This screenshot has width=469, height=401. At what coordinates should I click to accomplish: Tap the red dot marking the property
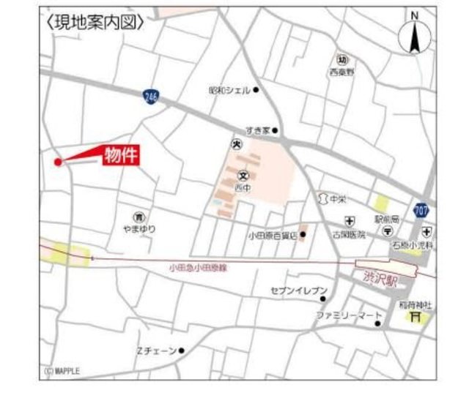click(x=58, y=162)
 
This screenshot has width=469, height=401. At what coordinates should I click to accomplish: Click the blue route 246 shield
click(x=150, y=97)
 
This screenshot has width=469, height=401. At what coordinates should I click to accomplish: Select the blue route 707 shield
click(x=421, y=211)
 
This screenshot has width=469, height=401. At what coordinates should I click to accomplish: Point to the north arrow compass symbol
click(x=414, y=37)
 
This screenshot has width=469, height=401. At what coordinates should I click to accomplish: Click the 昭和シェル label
click(x=229, y=90)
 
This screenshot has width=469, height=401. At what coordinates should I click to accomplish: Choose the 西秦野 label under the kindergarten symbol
click(x=341, y=72)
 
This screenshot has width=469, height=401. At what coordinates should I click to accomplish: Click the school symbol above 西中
click(x=243, y=176)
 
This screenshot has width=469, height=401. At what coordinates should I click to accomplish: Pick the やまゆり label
click(x=139, y=229)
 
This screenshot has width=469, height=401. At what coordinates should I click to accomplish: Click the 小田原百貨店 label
click(x=272, y=236)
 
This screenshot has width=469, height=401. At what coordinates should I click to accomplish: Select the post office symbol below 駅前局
click(x=386, y=231)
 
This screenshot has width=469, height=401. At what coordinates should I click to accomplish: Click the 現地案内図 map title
click(x=95, y=23)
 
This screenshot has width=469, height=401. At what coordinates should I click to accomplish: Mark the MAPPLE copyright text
click(x=62, y=371)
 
